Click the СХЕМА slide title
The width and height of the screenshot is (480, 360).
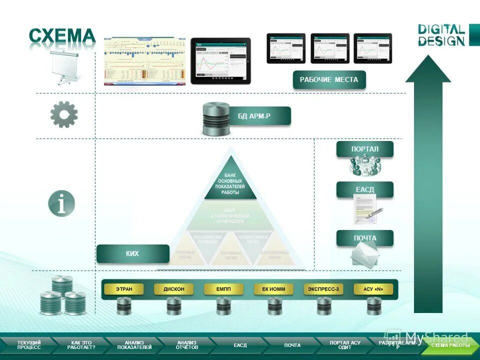click(62, 36)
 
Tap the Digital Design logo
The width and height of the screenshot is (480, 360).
click(441, 35)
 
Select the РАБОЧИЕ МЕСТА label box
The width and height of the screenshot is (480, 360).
click(329, 80)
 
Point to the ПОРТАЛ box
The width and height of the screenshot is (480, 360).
click(364, 149)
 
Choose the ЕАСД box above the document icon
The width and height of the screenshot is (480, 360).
click(364, 189)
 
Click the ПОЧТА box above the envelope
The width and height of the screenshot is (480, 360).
click(364, 238)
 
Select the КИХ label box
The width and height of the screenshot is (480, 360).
click(132, 253)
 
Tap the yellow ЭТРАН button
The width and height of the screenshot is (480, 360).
click(124, 289)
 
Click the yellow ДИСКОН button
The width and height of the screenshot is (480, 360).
click(173, 289)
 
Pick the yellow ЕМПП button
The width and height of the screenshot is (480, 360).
click(223, 289)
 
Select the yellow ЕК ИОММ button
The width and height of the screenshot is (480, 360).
click(273, 289)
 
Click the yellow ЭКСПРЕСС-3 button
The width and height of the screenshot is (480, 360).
click(323, 289)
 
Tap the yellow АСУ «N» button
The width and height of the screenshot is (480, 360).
click(373, 289)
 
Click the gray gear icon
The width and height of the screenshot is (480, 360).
click(64, 114)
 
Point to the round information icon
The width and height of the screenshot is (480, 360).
click(61, 204)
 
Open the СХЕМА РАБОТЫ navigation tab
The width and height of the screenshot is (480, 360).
click(450, 345)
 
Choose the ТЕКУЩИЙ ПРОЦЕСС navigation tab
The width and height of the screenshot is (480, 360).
click(28, 345)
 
